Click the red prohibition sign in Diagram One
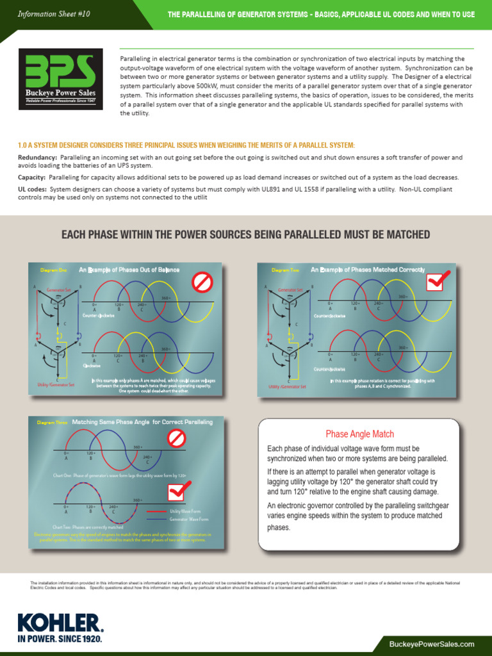[202, 281]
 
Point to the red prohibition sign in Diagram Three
[176, 439]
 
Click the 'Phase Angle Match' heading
[359, 434]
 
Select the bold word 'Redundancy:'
[37, 158]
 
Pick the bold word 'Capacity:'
[32, 177]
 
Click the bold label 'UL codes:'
[33, 189]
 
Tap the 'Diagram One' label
[53, 270]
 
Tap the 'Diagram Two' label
[285, 270]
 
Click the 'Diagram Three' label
[53, 423]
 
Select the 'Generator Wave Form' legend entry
[189, 520]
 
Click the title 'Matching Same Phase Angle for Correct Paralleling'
[142, 422]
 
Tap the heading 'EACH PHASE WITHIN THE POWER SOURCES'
[245, 234]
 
